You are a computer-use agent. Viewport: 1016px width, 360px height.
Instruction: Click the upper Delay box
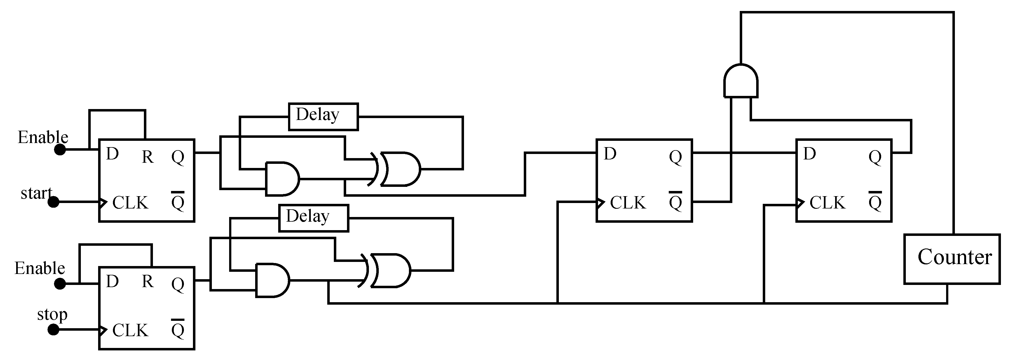(x=323, y=117)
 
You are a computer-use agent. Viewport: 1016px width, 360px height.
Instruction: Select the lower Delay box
(x=314, y=218)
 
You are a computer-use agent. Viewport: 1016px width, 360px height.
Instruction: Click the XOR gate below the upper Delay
(x=399, y=169)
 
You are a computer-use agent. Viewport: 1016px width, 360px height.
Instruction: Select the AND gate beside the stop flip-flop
(x=272, y=280)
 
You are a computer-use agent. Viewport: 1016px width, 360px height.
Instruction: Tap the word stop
(x=52, y=314)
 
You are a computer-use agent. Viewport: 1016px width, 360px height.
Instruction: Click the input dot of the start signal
(x=53, y=202)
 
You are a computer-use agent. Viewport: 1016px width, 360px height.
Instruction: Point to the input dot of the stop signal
(x=53, y=330)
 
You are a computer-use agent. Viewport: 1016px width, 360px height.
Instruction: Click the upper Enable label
(x=43, y=137)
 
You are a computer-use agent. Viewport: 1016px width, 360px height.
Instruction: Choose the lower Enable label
(x=40, y=268)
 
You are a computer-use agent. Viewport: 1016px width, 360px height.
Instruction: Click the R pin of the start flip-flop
(x=147, y=157)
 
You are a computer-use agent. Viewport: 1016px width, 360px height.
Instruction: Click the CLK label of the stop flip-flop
(x=130, y=330)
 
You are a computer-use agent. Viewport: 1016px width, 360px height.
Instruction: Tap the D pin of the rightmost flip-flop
(x=809, y=154)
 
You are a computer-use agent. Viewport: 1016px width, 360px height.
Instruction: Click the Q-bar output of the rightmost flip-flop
(x=875, y=202)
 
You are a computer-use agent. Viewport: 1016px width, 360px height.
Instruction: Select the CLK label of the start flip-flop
(x=130, y=203)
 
